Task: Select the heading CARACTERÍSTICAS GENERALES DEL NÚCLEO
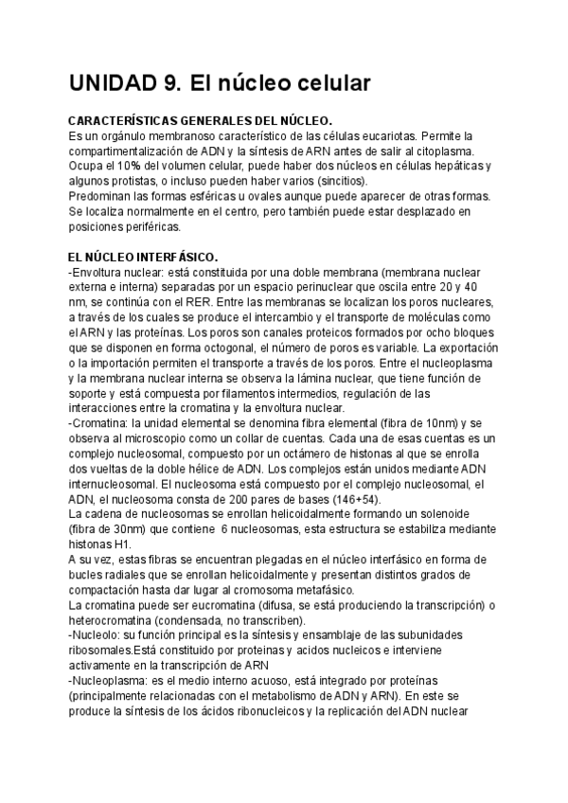pyautogui.click(x=201, y=122)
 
